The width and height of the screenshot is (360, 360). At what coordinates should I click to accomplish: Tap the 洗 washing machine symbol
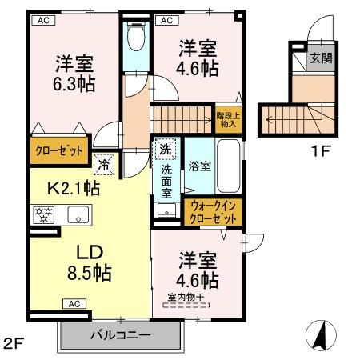pos(164,150)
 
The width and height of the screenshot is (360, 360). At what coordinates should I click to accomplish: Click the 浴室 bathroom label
pos(199,167)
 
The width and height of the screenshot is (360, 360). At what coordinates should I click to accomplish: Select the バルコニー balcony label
pos(120,335)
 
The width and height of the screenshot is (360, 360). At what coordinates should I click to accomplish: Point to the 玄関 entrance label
pos(322,58)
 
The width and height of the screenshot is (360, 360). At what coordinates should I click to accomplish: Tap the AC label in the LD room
pos(74,304)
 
